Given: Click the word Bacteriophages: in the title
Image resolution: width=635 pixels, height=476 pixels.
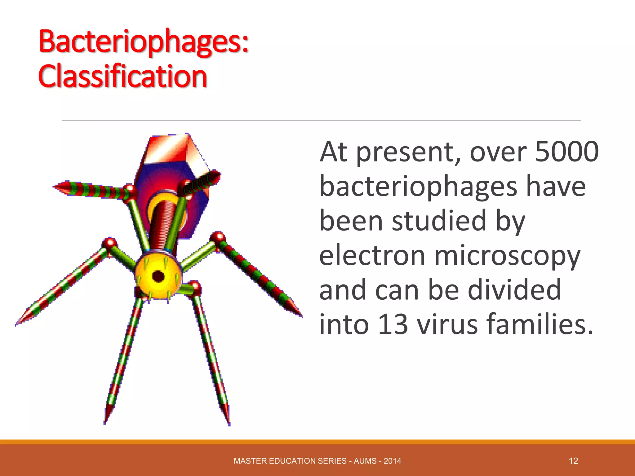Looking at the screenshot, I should (x=143, y=42).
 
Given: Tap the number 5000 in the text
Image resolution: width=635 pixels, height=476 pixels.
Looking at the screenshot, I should (x=567, y=152).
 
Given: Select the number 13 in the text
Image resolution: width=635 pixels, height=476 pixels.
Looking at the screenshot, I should (x=393, y=324).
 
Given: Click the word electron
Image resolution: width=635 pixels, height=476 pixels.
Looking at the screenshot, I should (x=372, y=256).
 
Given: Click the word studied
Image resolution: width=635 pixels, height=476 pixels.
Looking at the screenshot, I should (x=439, y=221).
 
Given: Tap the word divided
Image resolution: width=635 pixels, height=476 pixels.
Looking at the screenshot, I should (x=514, y=289).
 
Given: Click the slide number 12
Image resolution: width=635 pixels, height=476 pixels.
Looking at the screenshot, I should (x=573, y=461).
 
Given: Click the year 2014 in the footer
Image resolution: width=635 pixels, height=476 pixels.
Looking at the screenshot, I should (x=392, y=461).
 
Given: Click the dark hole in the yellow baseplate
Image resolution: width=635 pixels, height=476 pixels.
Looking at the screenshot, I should (x=158, y=276).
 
